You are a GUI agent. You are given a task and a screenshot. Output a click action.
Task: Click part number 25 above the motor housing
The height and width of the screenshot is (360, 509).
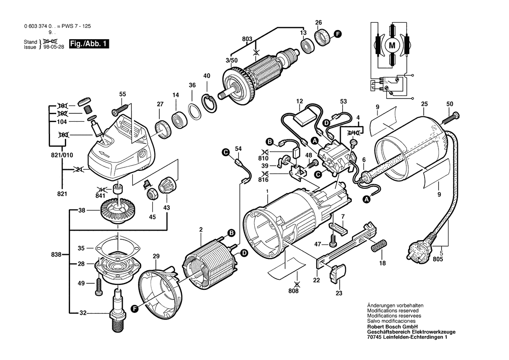[424, 104]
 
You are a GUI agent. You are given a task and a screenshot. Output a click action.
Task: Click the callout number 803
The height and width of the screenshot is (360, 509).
[247, 39]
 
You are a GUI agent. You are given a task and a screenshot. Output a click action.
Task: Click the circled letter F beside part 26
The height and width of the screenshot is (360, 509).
[337, 34]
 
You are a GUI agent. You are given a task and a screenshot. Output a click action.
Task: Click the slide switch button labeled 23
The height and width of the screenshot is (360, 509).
[337, 274]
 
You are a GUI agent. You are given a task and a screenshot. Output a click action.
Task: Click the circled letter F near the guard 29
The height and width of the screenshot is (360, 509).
[135, 309]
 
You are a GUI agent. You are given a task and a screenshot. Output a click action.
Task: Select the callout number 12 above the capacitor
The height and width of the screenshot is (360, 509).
[300, 102]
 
